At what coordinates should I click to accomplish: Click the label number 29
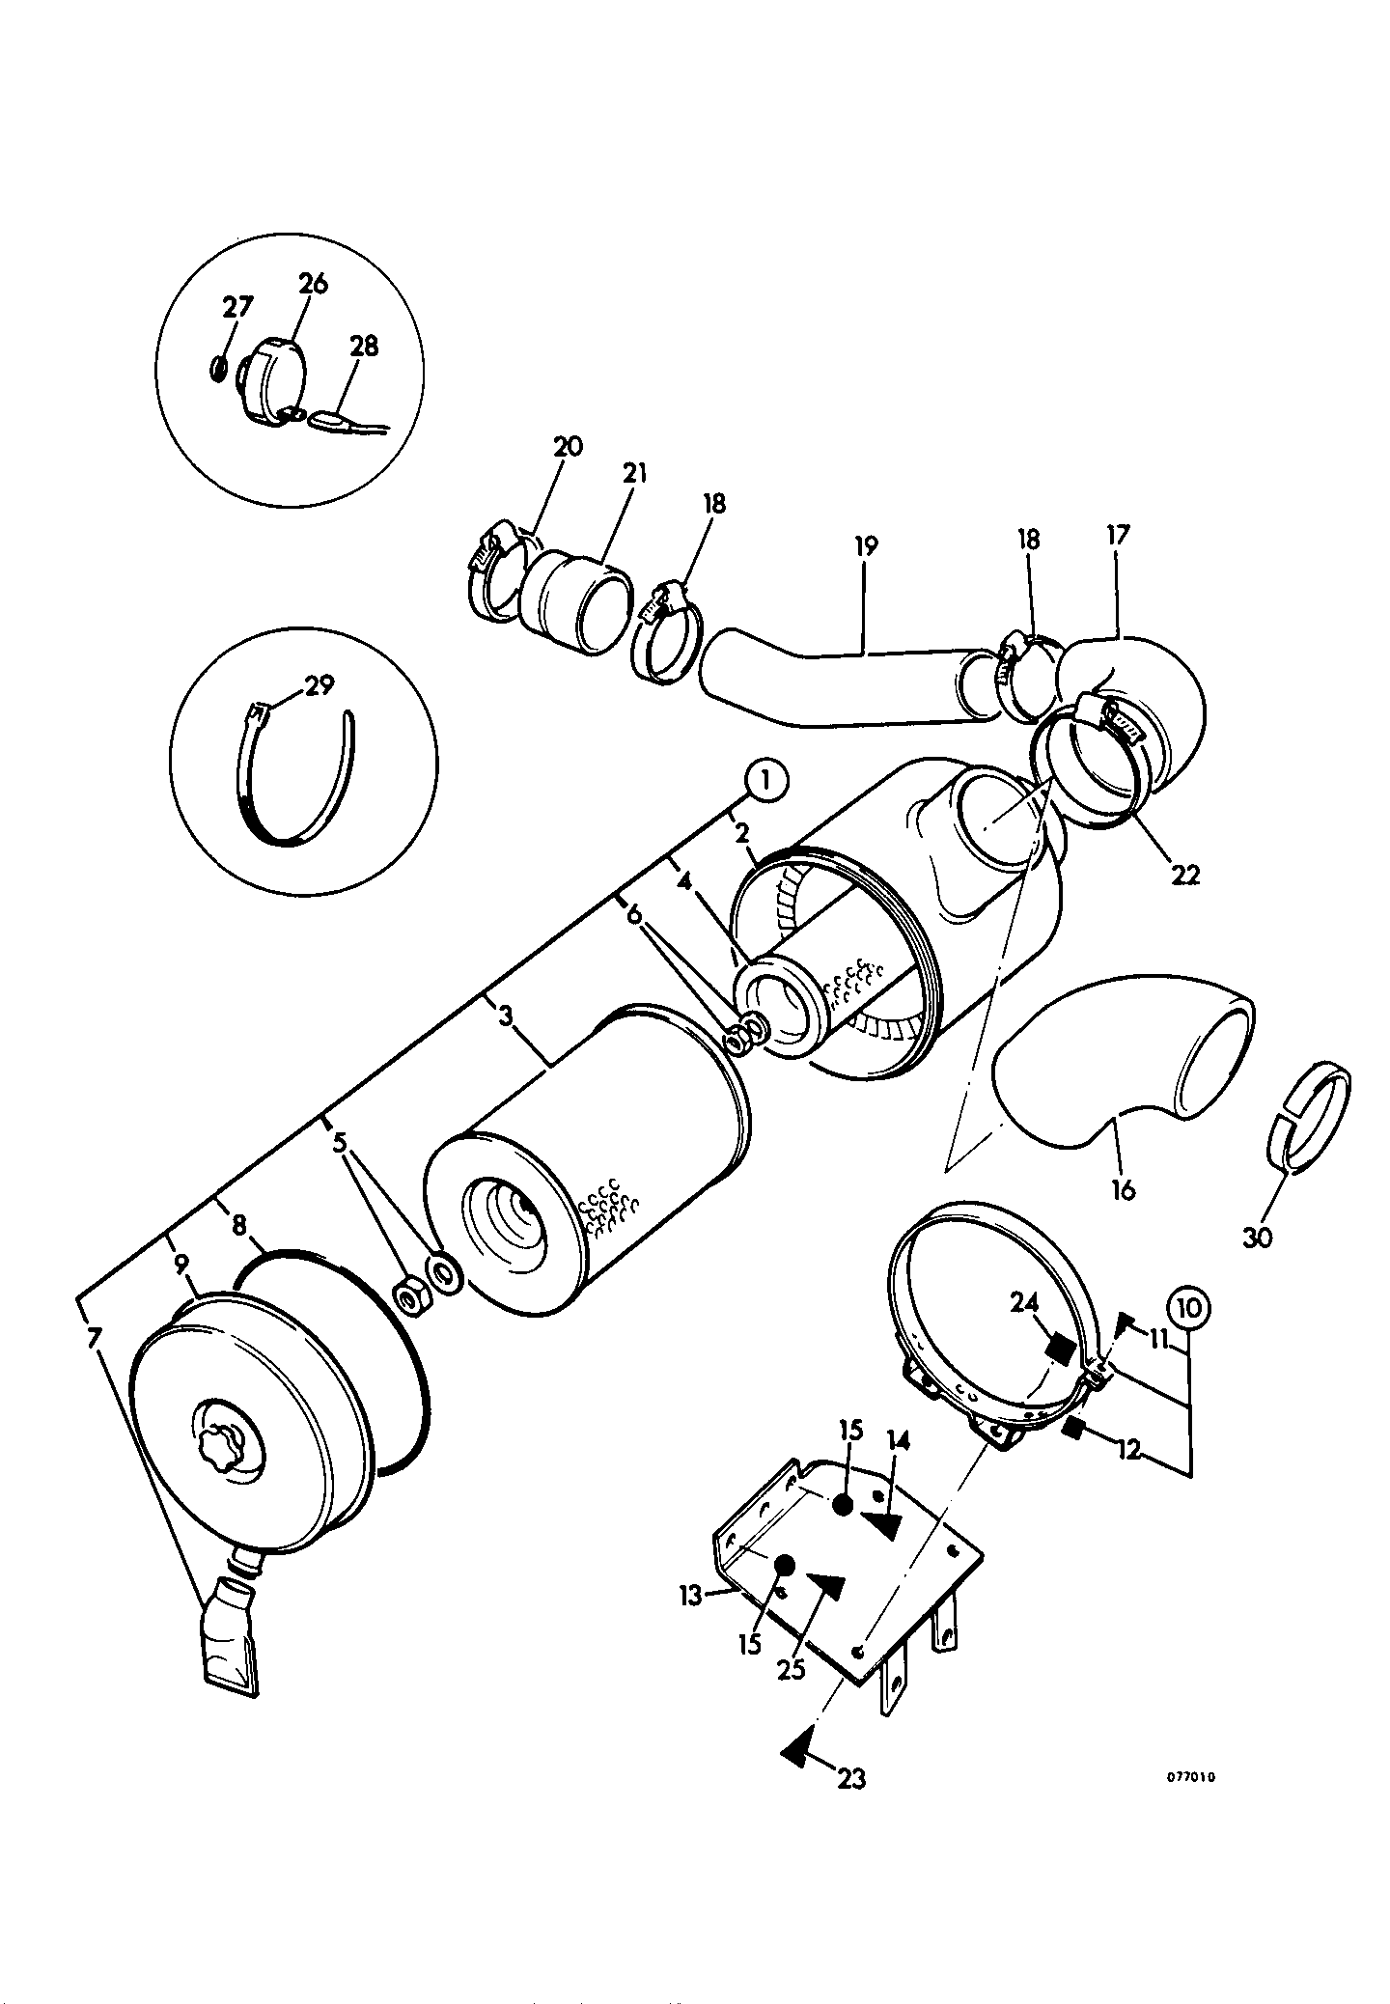tap(319, 685)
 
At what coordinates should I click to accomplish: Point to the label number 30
tap(1258, 1237)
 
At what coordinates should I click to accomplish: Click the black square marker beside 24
tap(1060, 1348)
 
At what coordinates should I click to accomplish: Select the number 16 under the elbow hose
tap(1123, 1189)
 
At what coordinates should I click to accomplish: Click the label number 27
tap(237, 307)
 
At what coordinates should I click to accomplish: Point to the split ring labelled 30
tap(1308, 1117)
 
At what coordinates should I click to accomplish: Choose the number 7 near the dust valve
tap(93, 1338)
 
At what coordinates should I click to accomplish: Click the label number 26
tap(313, 284)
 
